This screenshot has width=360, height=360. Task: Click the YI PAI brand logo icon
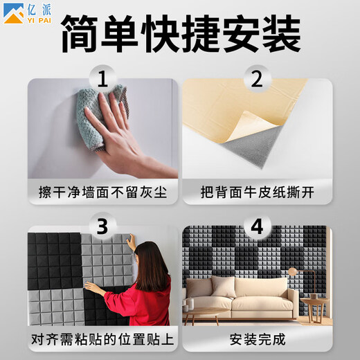(x=13, y=13)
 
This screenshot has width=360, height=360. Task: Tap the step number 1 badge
(x=103, y=78)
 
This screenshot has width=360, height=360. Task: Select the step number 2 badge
(x=257, y=78)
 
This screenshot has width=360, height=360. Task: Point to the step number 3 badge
(x=103, y=226)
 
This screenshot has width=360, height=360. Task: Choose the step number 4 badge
(x=257, y=226)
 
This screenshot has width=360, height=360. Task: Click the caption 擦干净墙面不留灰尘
(x=103, y=192)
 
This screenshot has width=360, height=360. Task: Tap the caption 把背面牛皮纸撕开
(x=258, y=192)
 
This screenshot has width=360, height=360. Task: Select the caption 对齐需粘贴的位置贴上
(x=102, y=339)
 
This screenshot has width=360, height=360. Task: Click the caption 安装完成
(x=258, y=339)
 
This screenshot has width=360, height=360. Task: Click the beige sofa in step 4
(x=240, y=298)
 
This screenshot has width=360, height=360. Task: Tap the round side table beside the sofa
(x=315, y=309)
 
